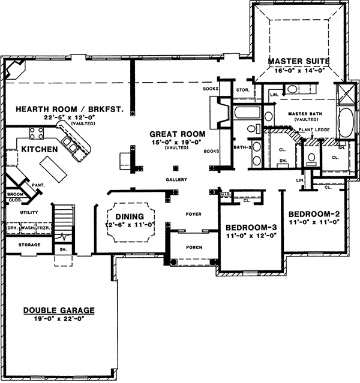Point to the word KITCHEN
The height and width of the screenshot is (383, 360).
(x=40, y=149)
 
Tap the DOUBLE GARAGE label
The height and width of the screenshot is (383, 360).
(x=59, y=310)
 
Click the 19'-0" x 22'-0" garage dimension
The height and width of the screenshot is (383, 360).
(x=59, y=318)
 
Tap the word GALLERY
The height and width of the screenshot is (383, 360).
(x=177, y=179)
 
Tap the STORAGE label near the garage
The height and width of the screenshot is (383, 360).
(x=29, y=245)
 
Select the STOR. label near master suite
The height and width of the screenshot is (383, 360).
(x=243, y=91)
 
